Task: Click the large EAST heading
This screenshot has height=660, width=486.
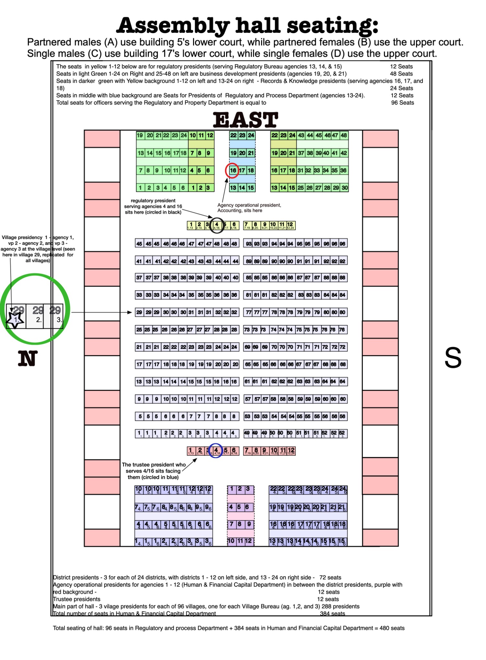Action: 245,120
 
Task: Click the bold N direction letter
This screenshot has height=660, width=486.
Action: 28,359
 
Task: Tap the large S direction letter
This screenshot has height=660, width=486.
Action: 453,358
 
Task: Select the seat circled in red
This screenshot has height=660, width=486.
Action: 233,170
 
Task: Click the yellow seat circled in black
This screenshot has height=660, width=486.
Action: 216,225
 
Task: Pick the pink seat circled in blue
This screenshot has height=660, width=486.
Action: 216,451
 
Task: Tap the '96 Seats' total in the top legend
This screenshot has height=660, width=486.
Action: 402,103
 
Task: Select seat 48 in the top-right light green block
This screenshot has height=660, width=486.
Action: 343,135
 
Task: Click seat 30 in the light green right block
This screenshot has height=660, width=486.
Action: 344,188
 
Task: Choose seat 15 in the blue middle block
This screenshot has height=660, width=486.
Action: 251,188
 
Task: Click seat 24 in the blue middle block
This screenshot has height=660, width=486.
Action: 251,135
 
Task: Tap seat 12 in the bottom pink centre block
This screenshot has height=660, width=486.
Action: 249,541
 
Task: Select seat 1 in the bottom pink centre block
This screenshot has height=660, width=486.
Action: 232,489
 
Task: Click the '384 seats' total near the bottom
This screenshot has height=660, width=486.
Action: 332,614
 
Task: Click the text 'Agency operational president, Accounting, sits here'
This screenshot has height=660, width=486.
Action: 249,208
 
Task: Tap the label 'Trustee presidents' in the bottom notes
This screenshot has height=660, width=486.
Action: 76,599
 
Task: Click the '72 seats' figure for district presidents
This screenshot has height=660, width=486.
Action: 330,578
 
